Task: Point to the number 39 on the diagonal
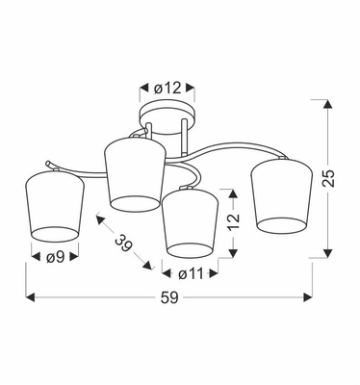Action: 122,243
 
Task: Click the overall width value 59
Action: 169,297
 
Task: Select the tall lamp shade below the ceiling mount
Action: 133,173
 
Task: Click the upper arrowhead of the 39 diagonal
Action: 97,218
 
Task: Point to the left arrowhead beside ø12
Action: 144,88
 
